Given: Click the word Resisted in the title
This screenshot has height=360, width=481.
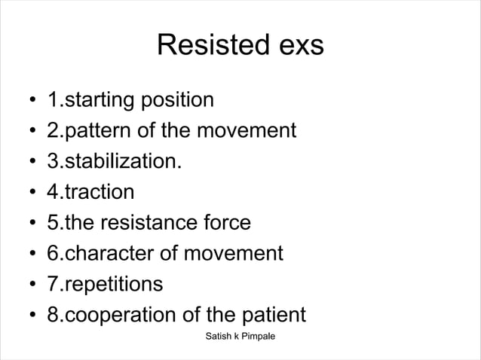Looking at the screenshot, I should [x=207, y=46].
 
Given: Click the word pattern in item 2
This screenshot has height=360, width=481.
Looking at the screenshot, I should [x=94, y=131].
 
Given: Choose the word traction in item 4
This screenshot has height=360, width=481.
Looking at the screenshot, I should [x=98, y=192].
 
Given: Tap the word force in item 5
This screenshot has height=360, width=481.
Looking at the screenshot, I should [x=226, y=223].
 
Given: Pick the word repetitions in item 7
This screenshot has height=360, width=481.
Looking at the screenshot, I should [x=112, y=285].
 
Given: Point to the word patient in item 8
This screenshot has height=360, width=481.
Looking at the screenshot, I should [x=271, y=315].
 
